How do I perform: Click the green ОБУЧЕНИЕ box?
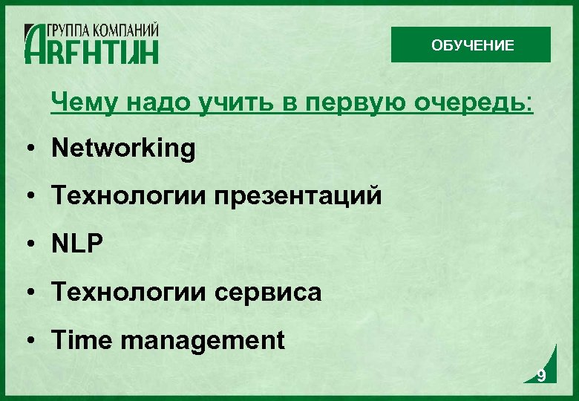coord(471,45)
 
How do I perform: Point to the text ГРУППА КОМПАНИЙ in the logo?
coord(103,30)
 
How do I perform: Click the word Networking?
coord(123,149)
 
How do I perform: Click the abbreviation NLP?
coord(77,244)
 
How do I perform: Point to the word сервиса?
coord(268,293)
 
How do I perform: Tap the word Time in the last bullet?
coord(82,340)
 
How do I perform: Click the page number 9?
coord(541,376)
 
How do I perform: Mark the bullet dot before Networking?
coord(27,149)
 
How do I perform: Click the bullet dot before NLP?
coord(27,245)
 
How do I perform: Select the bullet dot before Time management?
coord(27,341)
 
